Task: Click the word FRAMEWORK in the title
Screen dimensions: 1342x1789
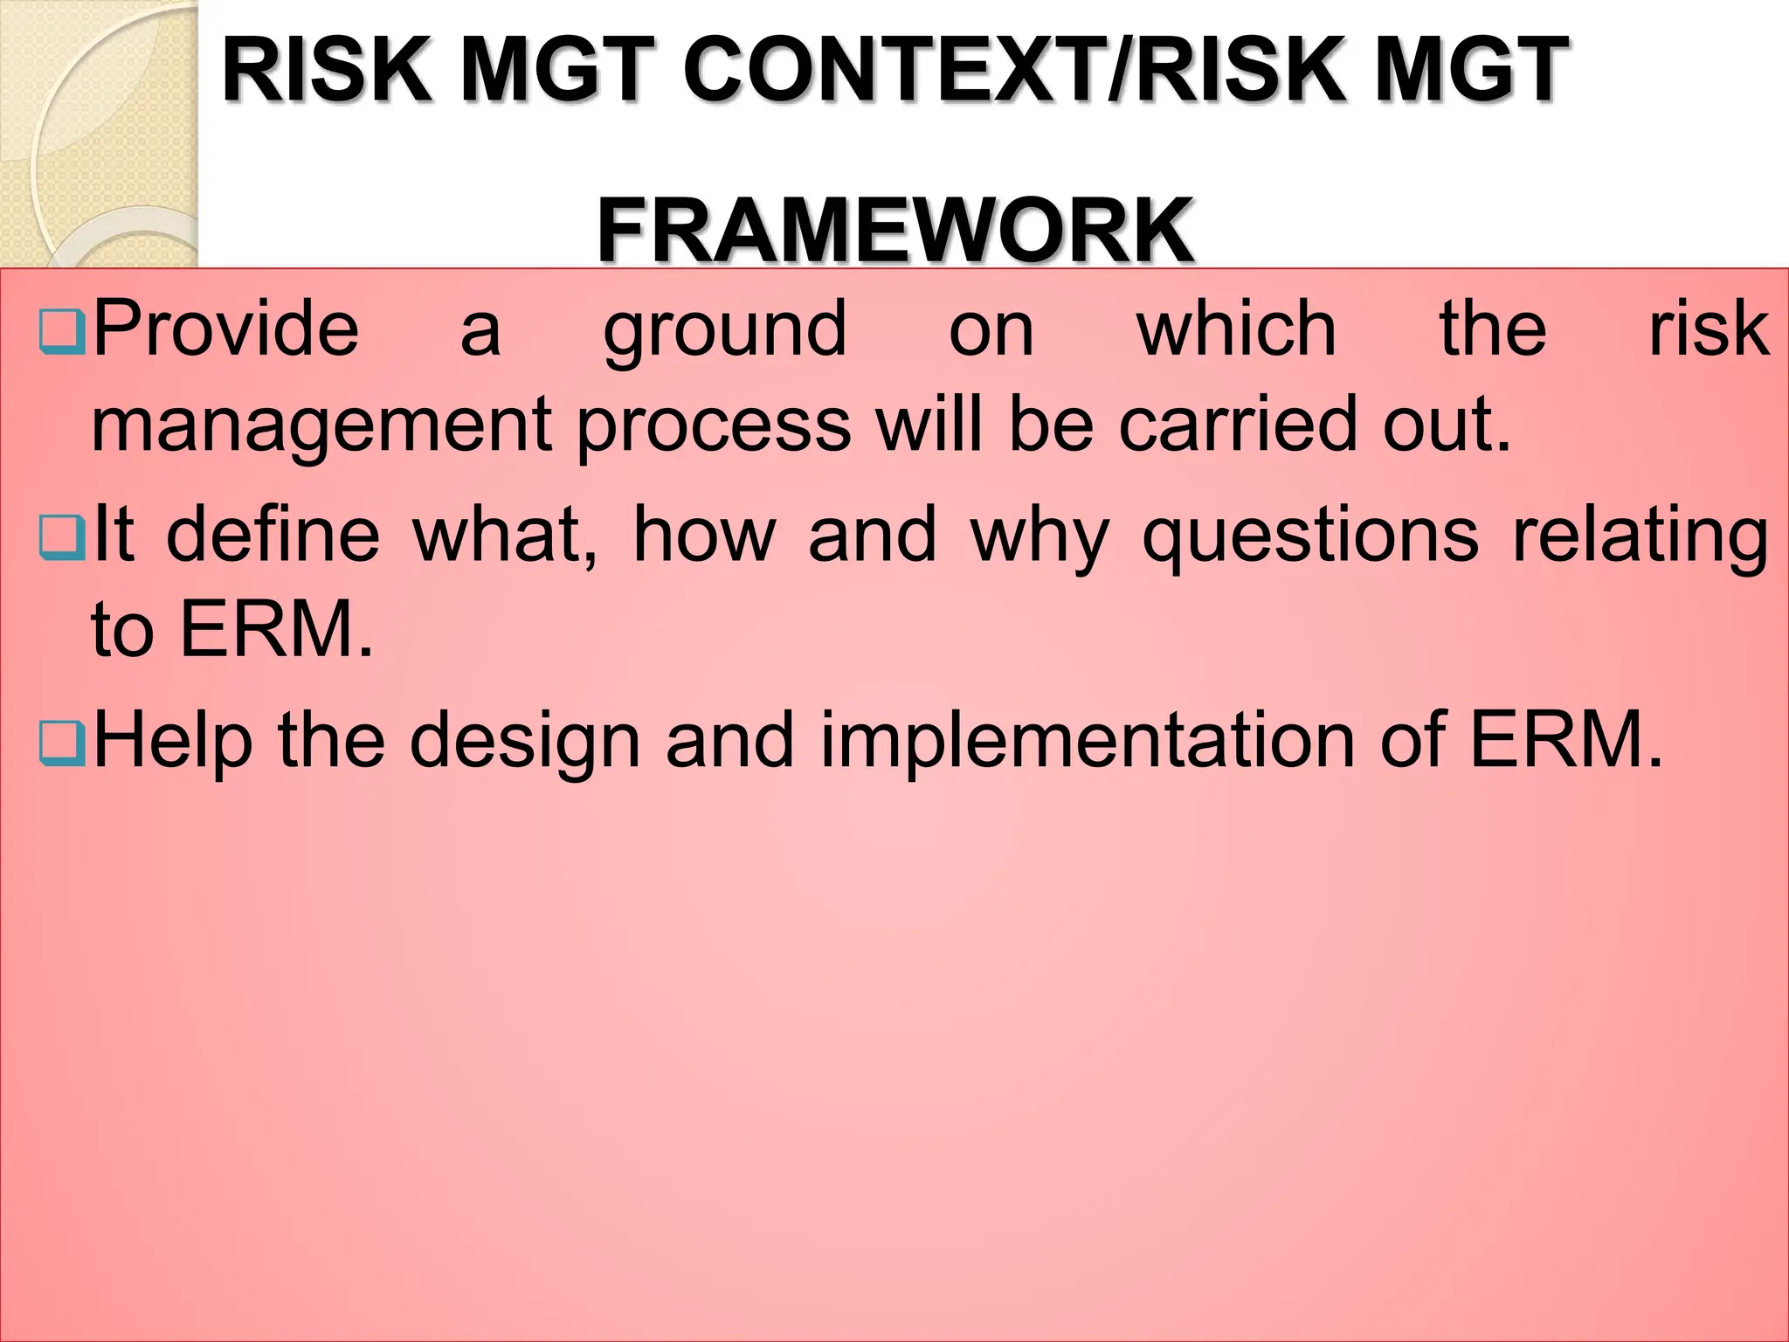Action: coord(895,230)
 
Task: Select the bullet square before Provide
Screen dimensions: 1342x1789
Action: coord(61,331)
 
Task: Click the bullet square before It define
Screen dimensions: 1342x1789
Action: coord(61,537)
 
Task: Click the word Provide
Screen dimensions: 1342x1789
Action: coord(225,329)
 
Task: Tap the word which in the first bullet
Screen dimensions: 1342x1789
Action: coord(1236,329)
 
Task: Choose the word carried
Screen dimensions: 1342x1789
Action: coord(1238,424)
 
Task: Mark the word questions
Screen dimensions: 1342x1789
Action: coord(1310,537)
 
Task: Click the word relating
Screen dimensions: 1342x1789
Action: coord(1640,537)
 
